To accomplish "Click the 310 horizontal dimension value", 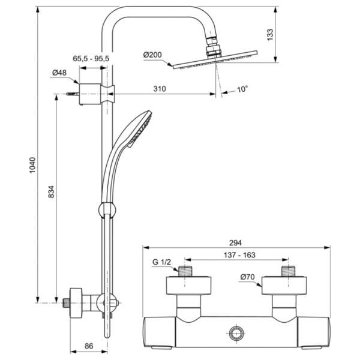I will (x=158, y=89).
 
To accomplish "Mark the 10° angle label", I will (x=242, y=89).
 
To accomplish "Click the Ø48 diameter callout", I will (x=59, y=73).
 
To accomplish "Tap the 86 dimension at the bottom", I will (x=89, y=346).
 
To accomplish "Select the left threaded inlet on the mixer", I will (x=187, y=271).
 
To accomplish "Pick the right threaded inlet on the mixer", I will (x=286, y=271).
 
